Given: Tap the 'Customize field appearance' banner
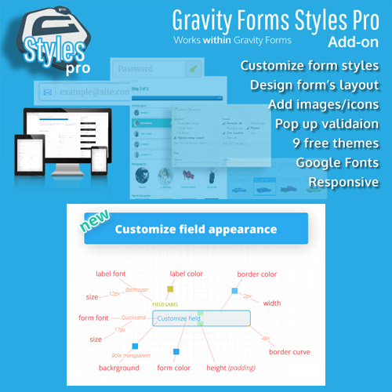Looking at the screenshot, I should pos(196,229).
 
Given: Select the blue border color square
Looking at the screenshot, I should pos(234,291).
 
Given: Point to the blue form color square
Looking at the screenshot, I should pos(176,352).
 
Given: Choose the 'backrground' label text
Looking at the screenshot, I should pos(119,367).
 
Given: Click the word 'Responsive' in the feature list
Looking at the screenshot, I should pos(343,183).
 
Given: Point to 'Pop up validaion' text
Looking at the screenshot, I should pos(327,124).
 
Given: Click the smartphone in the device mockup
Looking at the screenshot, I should pos(100,162).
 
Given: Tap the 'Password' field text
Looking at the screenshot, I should pos(135,70).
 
